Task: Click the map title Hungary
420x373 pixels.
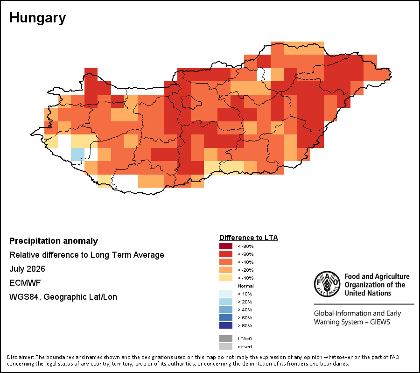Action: [37, 18]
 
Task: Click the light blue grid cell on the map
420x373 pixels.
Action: [77, 155]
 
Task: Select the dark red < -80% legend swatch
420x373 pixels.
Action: [226, 246]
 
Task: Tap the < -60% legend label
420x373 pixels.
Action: [245, 254]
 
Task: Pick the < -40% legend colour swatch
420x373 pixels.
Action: [226, 262]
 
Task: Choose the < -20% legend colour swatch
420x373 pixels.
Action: [226, 270]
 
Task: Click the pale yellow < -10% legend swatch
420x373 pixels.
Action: [226, 278]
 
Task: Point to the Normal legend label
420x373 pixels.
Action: [246, 286]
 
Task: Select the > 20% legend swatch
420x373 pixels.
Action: [226, 302]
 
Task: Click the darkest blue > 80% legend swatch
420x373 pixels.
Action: [226, 325]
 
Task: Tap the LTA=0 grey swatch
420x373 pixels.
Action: [226, 338]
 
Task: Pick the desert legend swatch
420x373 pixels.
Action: [226, 346]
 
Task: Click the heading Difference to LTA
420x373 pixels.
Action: [249, 238]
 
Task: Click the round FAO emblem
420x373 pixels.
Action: [327, 284]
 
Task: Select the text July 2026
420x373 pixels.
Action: [27, 269]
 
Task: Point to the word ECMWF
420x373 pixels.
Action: [25, 283]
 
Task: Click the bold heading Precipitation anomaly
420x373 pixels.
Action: [54, 241]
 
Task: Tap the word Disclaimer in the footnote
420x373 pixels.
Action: [21, 357]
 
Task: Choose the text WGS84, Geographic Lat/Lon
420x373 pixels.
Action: [63, 297]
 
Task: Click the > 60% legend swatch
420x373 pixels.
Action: [226, 317]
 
